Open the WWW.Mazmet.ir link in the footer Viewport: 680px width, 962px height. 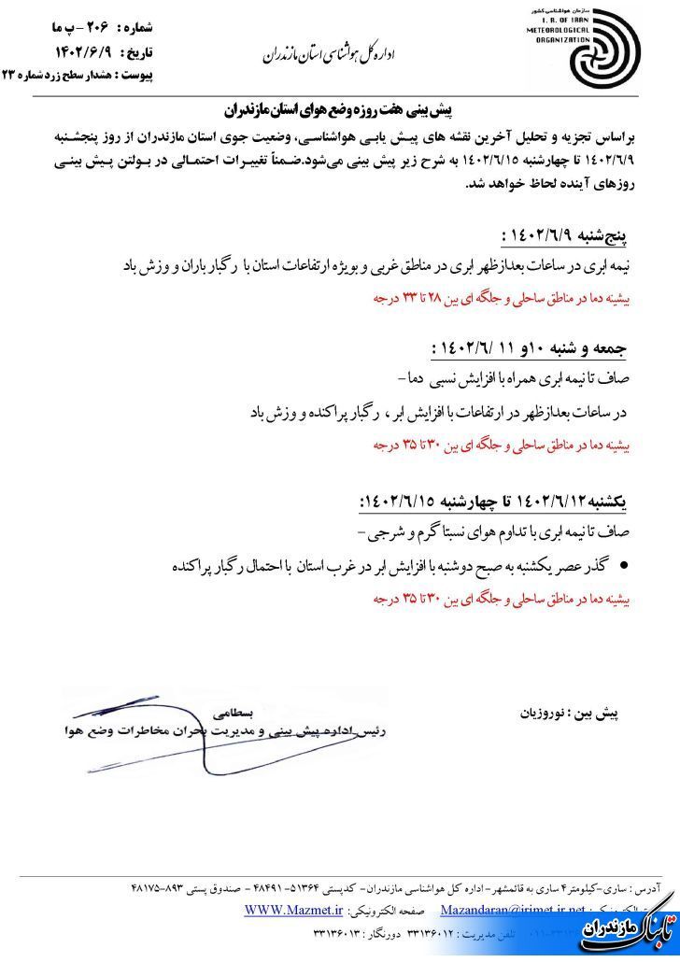tap(289, 910)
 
